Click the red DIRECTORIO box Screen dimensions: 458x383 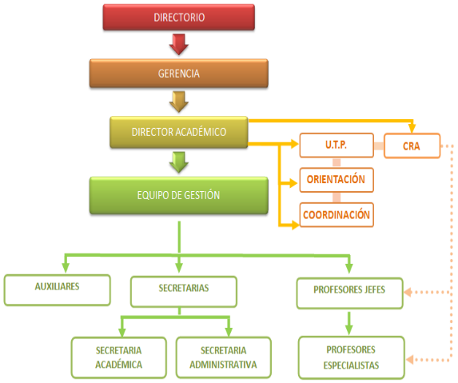[179, 18]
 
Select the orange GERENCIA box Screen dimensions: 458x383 [179, 74]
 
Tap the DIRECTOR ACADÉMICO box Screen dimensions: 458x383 [179, 132]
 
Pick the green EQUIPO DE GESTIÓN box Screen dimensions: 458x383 [179, 195]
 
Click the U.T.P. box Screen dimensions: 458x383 [337, 146]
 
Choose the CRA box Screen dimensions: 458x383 [412, 146]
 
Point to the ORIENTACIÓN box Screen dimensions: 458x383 [337, 180]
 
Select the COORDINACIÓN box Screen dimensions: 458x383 [337, 215]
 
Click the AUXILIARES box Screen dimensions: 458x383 [58, 289]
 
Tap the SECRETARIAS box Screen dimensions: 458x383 [184, 292]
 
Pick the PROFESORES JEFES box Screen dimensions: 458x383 [349, 293]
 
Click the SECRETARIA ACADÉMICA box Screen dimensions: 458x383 [119, 357]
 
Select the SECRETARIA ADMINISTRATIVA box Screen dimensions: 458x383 [224, 357]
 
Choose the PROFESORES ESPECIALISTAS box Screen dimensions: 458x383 [352, 357]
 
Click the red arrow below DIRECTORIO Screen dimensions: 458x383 [179, 45]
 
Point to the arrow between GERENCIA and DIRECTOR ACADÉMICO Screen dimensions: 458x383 [179, 102]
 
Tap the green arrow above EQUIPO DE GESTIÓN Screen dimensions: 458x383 [179, 162]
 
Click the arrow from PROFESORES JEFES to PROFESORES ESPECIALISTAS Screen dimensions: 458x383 [349, 323]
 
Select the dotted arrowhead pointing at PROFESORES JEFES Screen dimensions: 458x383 [408, 292]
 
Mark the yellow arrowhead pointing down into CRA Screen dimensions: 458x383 [412, 128]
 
